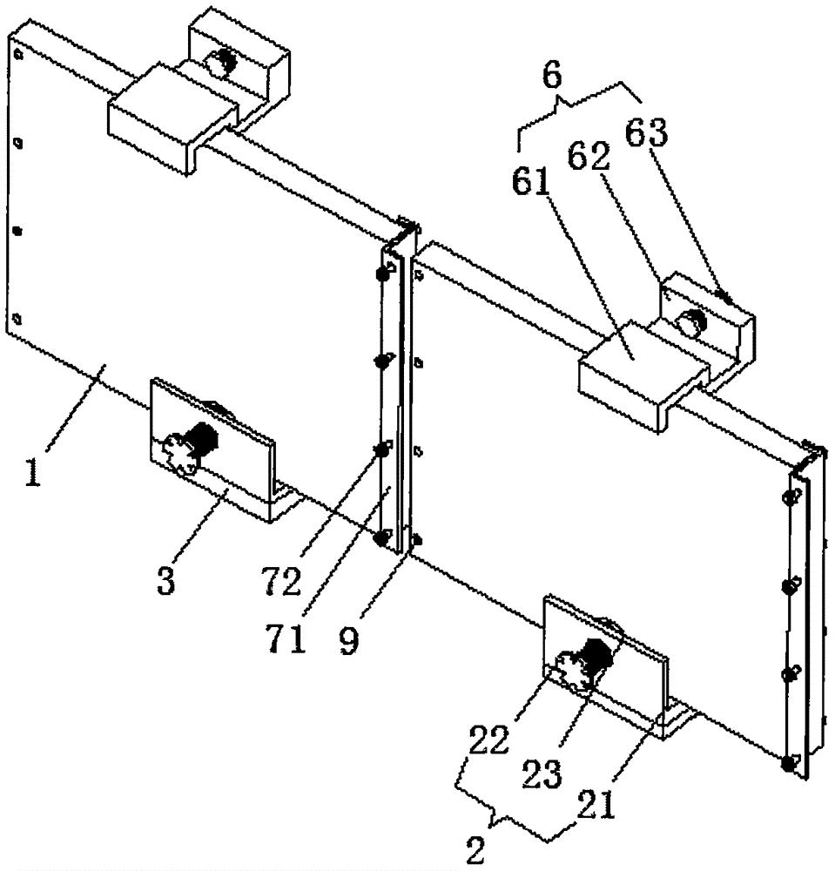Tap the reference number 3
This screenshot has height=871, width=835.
click(x=166, y=579)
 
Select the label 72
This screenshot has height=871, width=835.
click(x=283, y=579)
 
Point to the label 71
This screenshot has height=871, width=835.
click(x=286, y=638)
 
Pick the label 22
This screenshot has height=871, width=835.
click(x=489, y=739)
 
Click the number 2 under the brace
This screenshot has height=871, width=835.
click(x=475, y=850)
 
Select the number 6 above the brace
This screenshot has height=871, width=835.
click(x=552, y=76)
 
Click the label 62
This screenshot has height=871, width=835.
click(x=589, y=157)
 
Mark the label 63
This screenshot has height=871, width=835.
click(x=647, y=132)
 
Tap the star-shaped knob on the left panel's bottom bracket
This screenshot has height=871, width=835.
click(x=179, y=454)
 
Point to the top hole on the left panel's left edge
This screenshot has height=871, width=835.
click(x=17, y=54)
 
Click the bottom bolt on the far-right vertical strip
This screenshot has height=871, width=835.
click(x=788, y=765)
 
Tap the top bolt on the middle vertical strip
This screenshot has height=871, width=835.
click(x=383, y=273)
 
